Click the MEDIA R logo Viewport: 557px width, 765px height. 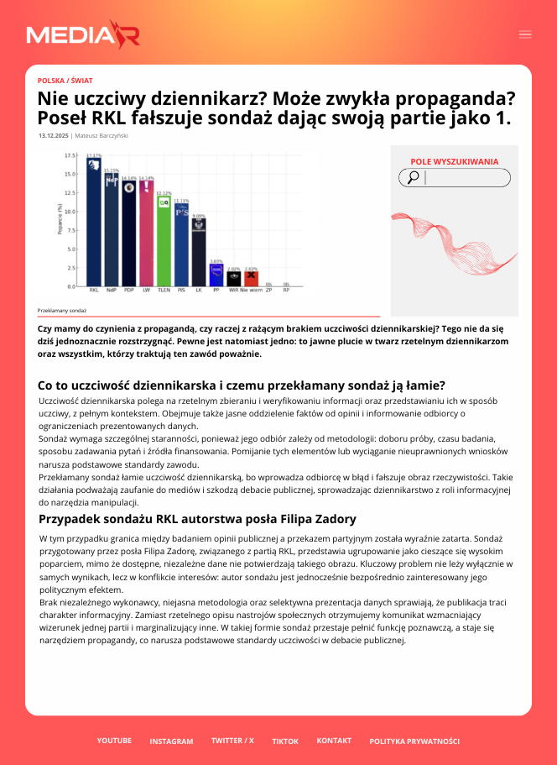coord(82,34)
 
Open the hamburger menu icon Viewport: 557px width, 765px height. coord(525,34)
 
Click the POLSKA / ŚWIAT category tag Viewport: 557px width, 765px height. coord(65,81)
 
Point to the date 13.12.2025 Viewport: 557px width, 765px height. coord(53,135)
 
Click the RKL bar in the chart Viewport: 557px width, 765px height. coord(94,223)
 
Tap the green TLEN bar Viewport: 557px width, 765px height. coord(164,244)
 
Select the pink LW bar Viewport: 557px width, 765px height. coord(146,235)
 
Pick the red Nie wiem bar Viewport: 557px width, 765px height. coord(251,279)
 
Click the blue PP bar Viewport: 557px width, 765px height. coord(216,275)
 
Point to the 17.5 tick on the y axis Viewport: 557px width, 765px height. coord(71,156)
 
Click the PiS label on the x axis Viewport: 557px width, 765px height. coord(181,290)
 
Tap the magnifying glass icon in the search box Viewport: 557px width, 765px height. coord(413,177)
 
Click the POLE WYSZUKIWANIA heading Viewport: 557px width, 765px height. coord(454,162)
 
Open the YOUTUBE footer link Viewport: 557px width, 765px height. coord(114,741)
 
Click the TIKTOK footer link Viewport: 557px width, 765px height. coord(285,741)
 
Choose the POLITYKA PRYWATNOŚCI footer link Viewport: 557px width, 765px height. coord(414,741)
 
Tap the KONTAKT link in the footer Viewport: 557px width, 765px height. coord(334,741)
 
